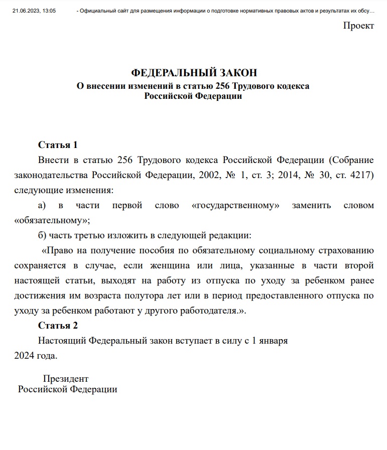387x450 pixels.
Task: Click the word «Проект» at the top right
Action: click(x=358, y=26)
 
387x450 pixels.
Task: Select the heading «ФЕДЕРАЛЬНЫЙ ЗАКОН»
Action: click(x=193, y=73)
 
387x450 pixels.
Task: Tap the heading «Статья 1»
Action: click(x=58, y=145)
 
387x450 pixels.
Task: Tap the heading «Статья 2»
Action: click(x=58, y=326)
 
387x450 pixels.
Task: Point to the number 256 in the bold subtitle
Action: click(x=222, y=86)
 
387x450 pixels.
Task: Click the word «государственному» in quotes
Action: click(x=235, y=205)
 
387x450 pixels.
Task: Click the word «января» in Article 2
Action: click(x=273, y=341)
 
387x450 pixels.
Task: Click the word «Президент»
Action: click(x=66, y=378)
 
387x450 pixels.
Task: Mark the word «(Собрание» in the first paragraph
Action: click(x=351, y=160)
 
